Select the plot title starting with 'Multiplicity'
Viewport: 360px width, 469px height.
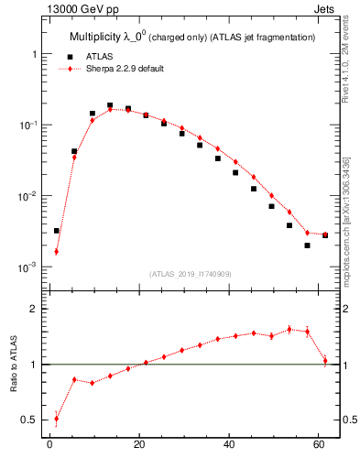coord(192,37)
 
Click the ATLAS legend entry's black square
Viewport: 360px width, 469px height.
coord(76,56)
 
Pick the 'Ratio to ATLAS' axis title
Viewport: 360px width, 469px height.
coord(12,364)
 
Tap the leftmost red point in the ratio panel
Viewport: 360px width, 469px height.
coord(56,419)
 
